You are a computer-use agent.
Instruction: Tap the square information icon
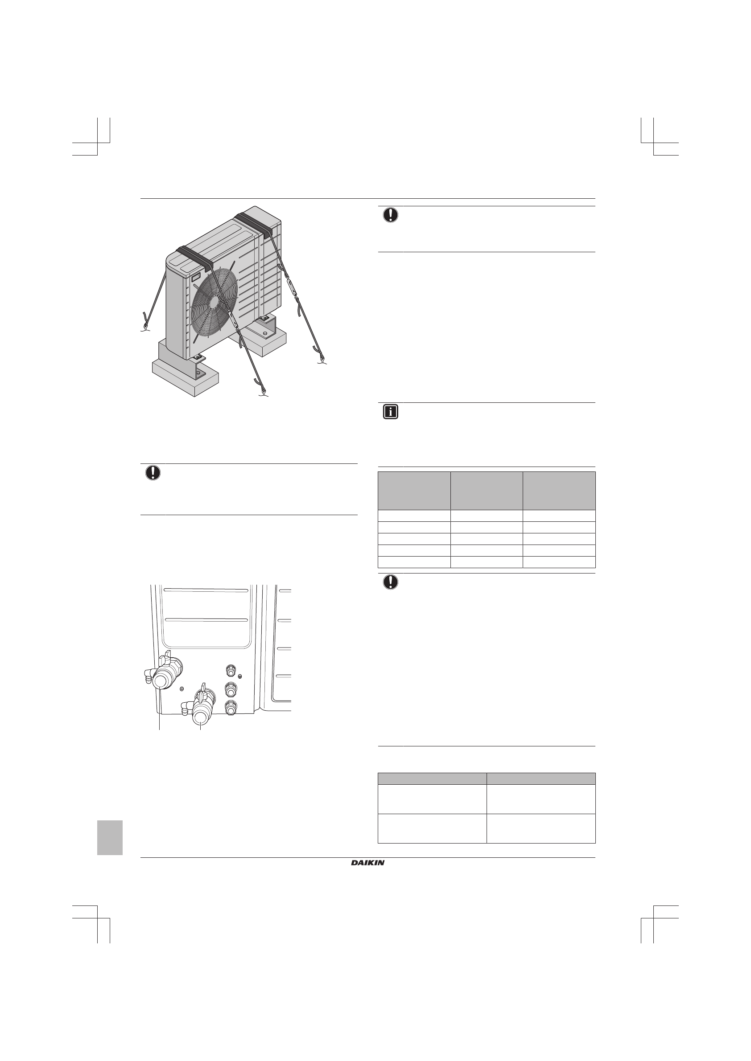coord(390,412)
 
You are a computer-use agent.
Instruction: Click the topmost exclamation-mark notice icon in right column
coord(390,215)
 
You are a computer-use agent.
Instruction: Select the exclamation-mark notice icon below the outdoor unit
coord(153,473)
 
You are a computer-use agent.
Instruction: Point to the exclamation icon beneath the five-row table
coord(390,582)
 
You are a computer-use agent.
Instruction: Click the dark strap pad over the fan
coord(193,255)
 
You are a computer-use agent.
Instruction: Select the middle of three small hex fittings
coord(229,689)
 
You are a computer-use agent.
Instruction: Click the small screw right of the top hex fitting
coord(239,676)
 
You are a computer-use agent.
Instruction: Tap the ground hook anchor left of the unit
coord(145,328)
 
